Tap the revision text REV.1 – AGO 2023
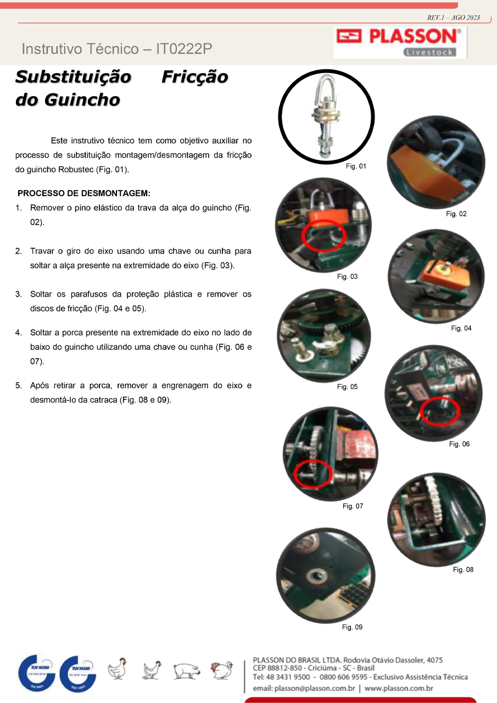point(454,18)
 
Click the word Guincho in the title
point(82,100)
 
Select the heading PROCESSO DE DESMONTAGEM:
point(84,193)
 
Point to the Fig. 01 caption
point(356,166)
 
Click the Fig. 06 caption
point(459,444)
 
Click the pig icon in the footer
point(187,671)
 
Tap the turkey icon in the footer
point(222,669)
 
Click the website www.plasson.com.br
point(399,688)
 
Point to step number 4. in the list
point(19,333)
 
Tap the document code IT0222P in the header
point(184,49)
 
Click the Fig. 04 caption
point(461,328)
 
